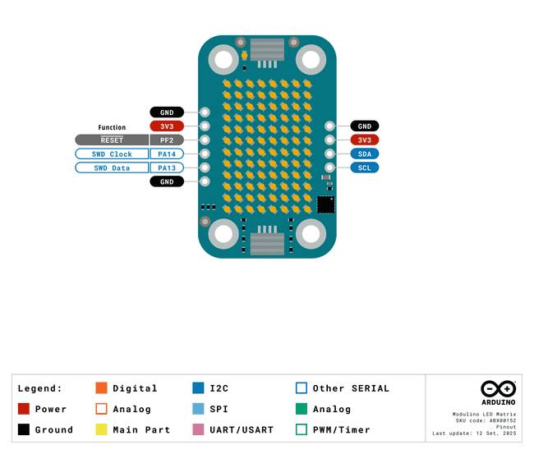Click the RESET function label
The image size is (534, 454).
112,140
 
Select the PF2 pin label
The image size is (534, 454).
167,140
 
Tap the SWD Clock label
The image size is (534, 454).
112,154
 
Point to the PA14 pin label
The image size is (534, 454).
167,154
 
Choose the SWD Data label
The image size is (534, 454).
112,167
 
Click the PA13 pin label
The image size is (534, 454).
167,167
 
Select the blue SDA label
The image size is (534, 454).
365,154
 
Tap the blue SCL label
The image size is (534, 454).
365,167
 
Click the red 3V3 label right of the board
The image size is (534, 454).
365,140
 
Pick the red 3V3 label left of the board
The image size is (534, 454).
167,126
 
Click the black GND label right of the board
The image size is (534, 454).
365,126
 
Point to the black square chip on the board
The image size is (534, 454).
326,205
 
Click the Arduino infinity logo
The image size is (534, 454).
498,388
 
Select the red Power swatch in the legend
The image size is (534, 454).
24,409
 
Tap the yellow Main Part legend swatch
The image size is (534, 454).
102,429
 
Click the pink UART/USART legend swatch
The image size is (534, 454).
198,429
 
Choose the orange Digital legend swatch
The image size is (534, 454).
102,388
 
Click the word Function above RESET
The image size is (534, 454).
112,127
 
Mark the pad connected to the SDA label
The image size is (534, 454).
329,154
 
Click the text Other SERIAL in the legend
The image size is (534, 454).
351,388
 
